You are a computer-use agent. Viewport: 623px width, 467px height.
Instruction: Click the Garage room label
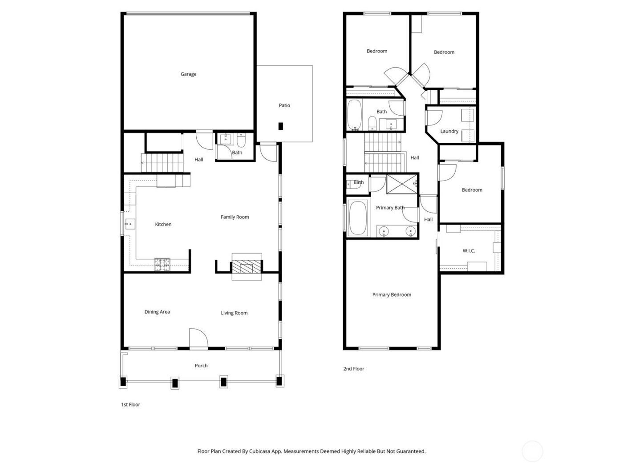(x=188, y=74)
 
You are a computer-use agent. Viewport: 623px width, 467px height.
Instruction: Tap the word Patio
(x=284, y=105)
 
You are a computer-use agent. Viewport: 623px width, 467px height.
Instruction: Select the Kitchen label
(x=163, y=225)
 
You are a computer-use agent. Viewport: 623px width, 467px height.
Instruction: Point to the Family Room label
(x=235, y=217)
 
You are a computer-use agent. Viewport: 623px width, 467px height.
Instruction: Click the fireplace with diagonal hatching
(x=246, y=267)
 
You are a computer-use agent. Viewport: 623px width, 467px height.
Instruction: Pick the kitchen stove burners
(x=162, y=265)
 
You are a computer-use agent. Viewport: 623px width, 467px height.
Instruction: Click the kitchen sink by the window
(x=129, y=223)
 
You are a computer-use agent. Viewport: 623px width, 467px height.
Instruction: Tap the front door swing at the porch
(x=198, y=338)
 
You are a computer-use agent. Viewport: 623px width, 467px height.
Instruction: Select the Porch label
(x=201, y=366)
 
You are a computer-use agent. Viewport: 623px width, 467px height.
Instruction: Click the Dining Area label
(x=157, y=312)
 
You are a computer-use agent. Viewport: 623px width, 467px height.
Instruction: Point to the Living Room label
(x=234, y=313)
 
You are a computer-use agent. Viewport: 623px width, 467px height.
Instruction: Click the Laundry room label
(x=449, y=131)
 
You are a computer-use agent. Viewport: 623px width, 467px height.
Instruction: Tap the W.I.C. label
(x=469, y=251)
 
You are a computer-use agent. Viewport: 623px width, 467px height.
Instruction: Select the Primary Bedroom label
(x=392, y=294)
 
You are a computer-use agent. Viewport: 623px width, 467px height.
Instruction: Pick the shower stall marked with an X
(x=402, y=184)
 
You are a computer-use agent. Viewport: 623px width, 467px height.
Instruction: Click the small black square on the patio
(x=281, y=126)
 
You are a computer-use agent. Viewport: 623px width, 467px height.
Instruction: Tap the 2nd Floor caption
(x=354, y=369)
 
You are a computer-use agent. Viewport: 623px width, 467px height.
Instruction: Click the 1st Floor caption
(x=130, y=405)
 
